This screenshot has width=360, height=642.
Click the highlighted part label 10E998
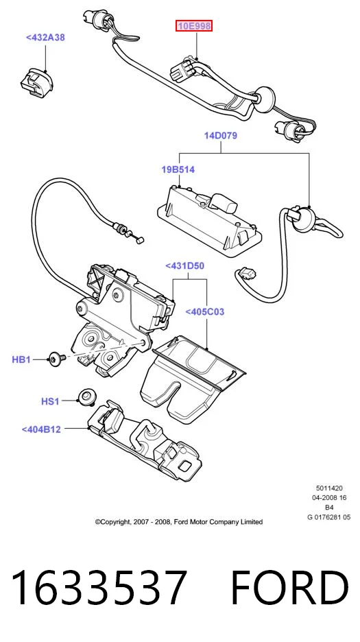(194, 27)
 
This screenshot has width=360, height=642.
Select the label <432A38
(45, 37)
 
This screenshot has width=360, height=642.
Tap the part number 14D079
(221, 136)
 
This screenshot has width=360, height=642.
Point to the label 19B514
(178, 169)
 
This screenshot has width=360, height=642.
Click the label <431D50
(184, 265)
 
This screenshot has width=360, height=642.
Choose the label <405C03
(205, 311)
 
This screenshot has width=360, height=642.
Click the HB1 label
(21, 359)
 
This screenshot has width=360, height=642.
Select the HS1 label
(50, 402)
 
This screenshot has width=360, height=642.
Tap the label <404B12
(41, 429)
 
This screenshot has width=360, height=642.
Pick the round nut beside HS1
(85, 396)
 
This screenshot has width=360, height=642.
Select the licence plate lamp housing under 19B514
(207, 215)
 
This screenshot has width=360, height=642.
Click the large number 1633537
(99, 588)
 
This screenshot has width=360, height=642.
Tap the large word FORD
(289, 588)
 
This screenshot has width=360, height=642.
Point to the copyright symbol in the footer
(97, 522)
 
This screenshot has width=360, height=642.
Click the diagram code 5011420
(329, 488)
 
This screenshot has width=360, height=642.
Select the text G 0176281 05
(329, 517)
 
